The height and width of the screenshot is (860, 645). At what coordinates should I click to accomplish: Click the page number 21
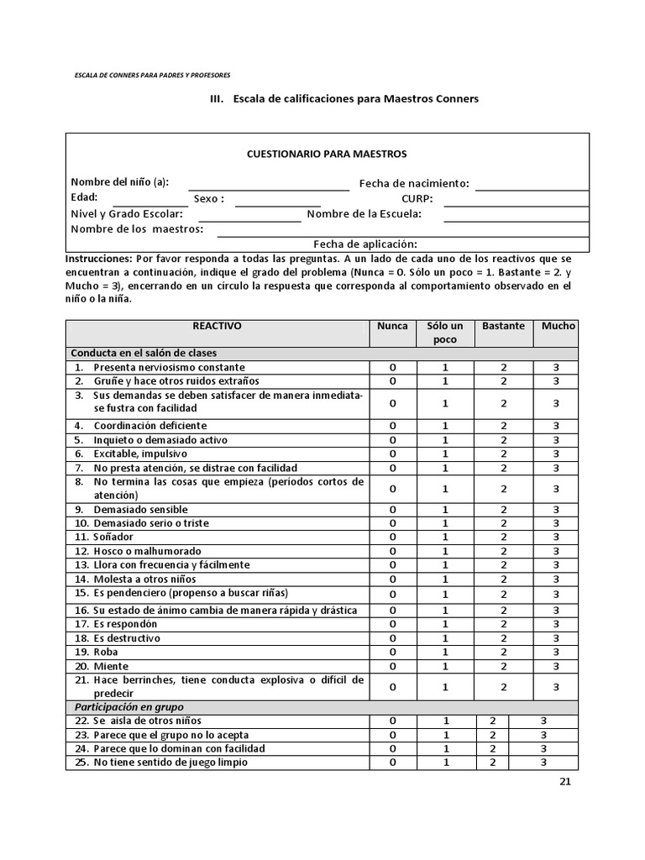564,783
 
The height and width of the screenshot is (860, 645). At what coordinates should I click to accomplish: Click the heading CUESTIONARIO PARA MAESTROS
326,154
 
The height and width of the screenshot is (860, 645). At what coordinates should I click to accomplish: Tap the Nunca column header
392,326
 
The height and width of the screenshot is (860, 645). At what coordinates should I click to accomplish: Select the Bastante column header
503,326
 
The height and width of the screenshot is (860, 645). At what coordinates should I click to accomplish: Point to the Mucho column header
558,326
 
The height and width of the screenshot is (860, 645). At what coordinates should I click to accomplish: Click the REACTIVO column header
217,326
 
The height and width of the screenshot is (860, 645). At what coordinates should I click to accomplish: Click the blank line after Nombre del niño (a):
268,186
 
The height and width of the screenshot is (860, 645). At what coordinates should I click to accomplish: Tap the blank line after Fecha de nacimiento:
531,186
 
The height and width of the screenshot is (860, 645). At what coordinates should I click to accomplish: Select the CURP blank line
516,202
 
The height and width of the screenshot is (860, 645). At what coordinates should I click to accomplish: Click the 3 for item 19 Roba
556,652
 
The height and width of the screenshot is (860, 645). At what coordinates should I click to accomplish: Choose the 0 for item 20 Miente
392,666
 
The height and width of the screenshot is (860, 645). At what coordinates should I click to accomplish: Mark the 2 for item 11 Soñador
504,537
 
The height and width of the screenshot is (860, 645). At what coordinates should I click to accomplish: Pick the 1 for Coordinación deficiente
445,426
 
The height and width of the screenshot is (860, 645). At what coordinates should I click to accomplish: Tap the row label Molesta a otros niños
144,579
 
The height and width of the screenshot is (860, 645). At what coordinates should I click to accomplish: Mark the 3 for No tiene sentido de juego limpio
543,763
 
